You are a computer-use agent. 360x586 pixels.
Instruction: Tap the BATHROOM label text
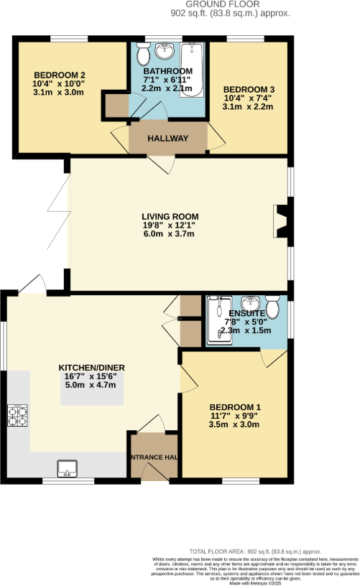pos(167,71)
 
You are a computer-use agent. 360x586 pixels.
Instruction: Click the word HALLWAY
pos(167,139)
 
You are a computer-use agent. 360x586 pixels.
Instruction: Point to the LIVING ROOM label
pos(170,215)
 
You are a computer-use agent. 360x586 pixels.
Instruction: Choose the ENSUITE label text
pos(246,314)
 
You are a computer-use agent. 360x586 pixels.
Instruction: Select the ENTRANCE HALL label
pos(153,457)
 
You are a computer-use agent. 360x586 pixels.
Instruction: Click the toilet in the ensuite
pos(274,306)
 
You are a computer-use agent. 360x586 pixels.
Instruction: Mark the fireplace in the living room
pos(282,221)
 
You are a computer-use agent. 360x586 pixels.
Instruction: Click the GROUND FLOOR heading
pos(211,4)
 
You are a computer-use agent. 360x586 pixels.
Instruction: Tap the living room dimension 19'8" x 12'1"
pos(170,225)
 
